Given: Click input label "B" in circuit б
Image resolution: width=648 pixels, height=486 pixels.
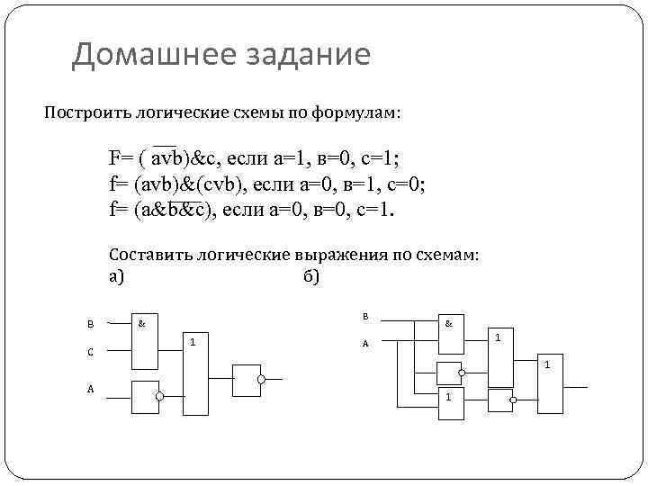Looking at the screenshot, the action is pos(365,316).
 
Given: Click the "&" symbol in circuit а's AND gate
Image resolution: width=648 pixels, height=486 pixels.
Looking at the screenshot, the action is pos(142,321).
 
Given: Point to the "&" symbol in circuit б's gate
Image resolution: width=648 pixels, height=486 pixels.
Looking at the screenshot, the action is pos(447,322).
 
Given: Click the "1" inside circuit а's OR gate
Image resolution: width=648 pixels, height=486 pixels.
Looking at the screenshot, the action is pos(193,341).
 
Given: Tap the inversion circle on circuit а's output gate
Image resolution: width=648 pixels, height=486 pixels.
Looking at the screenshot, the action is pos(262,380).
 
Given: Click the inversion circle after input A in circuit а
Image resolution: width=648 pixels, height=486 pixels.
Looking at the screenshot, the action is pos(159,396).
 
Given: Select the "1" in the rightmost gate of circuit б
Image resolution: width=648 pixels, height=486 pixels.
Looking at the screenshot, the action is pos(545,364).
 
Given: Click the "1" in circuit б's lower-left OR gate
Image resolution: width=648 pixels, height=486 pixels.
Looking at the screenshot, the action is pos(447,397).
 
